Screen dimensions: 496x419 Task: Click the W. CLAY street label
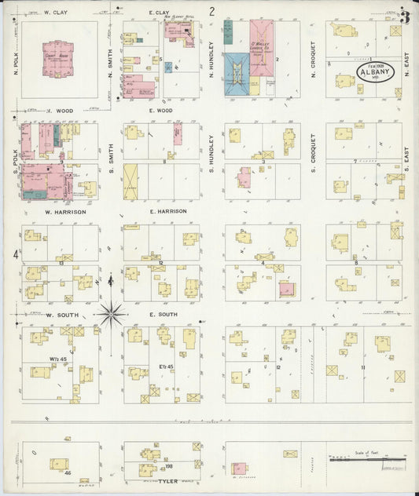(x=54, y=13)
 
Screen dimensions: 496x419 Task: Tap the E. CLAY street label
(x=159, y=13)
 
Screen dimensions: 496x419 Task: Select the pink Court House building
(x=57, y=57)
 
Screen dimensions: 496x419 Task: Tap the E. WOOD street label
(x=160, y=111)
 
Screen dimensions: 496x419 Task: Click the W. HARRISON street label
(x=65, y=212)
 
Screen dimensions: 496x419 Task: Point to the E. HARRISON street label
(x=168, y=212)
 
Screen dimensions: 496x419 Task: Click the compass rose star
(x=112, y=314)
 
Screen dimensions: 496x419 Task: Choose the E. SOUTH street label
(x=163, y=315)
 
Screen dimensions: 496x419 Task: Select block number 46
(x=68, y=474)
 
